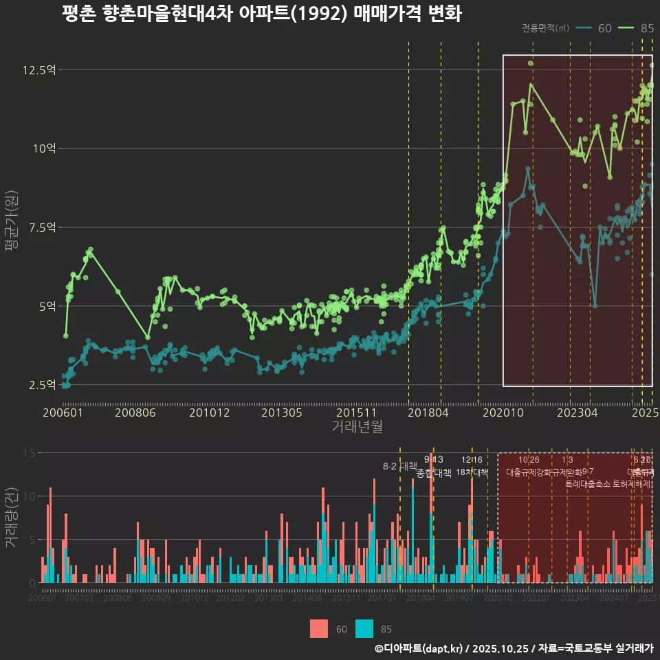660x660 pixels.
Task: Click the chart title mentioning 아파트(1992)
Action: [261, 14]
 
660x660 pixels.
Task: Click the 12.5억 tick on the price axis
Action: [39, 69]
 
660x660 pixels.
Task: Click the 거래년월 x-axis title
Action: [357, 426]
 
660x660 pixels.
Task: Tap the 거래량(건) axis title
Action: [12, 517]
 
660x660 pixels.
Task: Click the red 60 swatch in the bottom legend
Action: [320, 628]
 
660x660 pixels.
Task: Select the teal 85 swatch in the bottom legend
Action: [365, 628]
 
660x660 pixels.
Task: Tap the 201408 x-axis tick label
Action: [307, 598]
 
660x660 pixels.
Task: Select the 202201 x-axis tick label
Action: [536, 598]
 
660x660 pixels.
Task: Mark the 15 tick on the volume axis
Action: [30, 453]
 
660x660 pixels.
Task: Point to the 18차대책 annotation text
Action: [472, 472]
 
